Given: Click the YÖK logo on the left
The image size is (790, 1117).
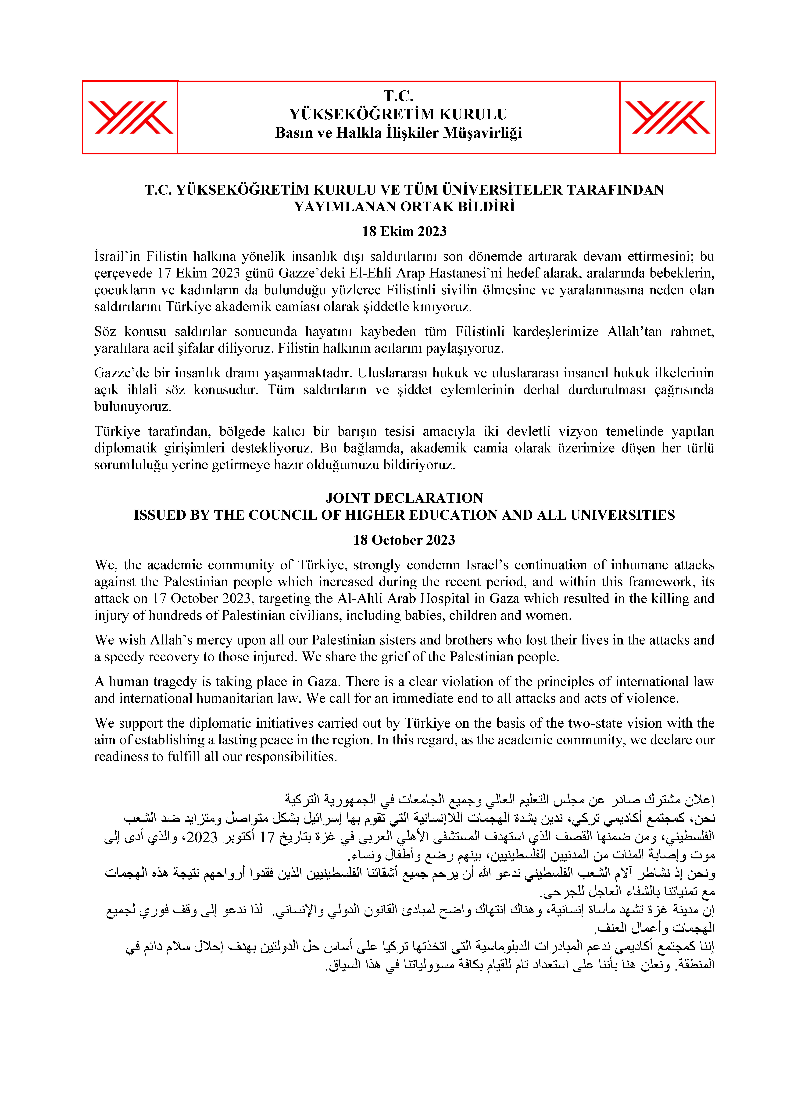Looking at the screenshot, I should point(130,117).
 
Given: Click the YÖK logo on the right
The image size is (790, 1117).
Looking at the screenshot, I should point(667,117).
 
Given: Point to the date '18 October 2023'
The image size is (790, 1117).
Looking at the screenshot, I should point(404,540).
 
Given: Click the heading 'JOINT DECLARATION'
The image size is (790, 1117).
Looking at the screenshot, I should point(404,498).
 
